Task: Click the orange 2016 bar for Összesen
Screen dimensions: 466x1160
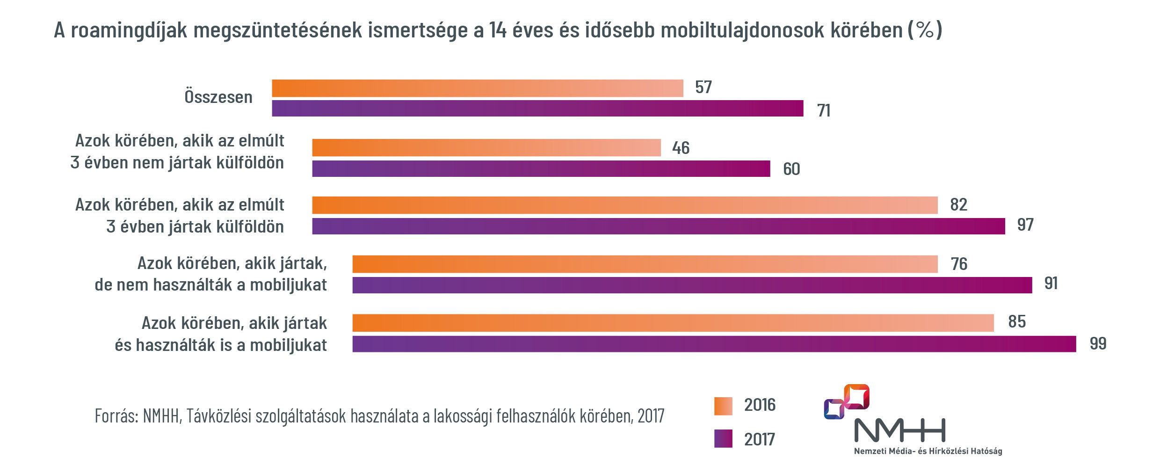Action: pos(477,88)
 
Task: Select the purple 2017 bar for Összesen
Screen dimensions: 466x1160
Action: pos(537,109)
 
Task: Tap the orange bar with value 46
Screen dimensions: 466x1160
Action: pos(486,148)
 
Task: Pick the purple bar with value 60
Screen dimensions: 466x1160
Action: pos(541,169)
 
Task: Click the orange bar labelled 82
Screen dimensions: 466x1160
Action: pos(624,205)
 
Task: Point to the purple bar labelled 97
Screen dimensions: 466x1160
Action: pos(658,226)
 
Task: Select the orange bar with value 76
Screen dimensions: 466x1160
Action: pos(645,264)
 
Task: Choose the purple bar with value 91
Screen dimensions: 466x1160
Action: pos(692,285)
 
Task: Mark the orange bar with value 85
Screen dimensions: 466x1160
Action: pos(673,323)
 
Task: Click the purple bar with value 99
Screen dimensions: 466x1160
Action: pos(714,344)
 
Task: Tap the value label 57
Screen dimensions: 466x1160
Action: pos(703,87)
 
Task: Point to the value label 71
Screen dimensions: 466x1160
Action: pos(823,111)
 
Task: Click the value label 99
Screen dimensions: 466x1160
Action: pos(1098,344)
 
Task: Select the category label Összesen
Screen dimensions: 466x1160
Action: pos(218,97)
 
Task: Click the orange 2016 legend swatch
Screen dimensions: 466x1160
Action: pos(723,406)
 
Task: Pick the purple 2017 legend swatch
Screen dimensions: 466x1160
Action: pos(723,439)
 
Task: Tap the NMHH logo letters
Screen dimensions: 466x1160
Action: pos(899,430)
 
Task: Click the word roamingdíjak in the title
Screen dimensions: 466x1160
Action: pos(129,30)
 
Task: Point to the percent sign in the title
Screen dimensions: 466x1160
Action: pos(925,30)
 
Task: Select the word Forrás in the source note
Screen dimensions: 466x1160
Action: pos(116,415)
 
